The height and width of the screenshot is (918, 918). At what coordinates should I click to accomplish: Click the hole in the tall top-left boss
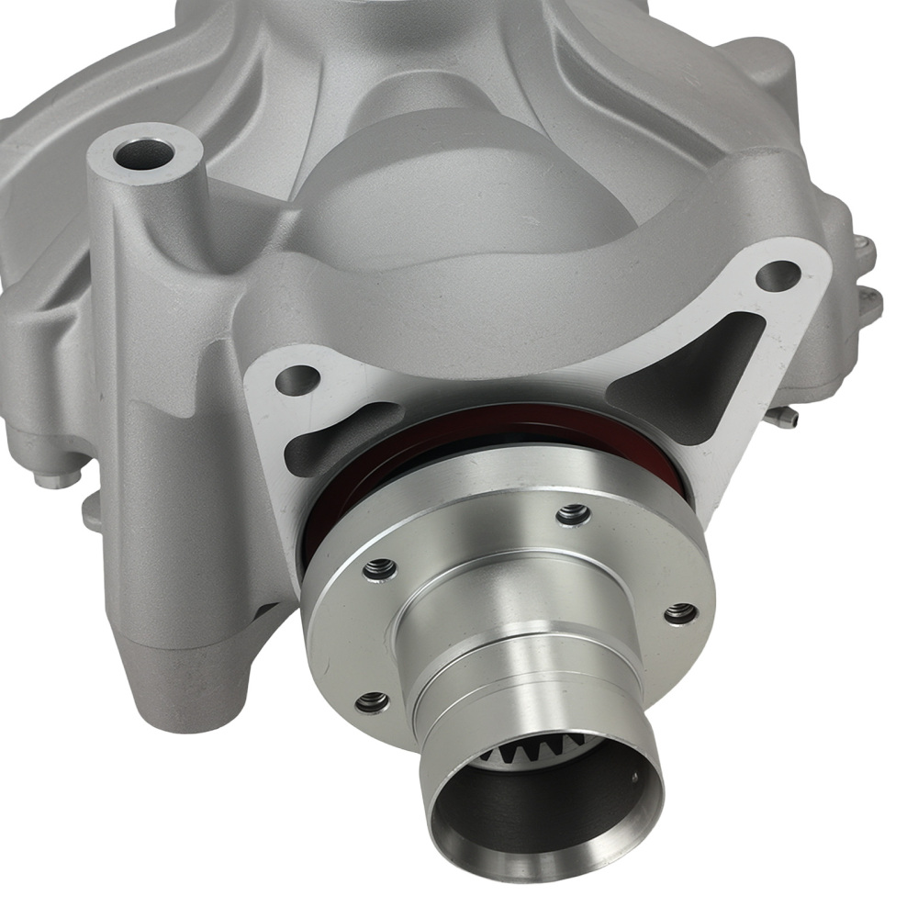click(x=145, y=153)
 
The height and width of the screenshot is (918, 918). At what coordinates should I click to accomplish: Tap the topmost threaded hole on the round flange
click(x=573, y=515)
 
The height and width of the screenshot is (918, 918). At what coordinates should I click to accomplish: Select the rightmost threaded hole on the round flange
click(x=680, y=613)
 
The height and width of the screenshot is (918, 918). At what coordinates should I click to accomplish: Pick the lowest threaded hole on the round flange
click(x=370, y=703)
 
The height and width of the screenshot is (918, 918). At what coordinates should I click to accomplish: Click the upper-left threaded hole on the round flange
click(x=379, y=570)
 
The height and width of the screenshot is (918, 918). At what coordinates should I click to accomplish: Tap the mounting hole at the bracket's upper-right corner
click(x=778, y=274)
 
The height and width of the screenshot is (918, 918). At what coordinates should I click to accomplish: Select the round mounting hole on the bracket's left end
click(x=296, y=379)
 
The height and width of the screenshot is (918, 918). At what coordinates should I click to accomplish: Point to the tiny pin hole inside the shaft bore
click(x=634, y=778)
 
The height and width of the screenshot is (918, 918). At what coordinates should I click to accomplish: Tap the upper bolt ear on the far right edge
click(x=863, y=248)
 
